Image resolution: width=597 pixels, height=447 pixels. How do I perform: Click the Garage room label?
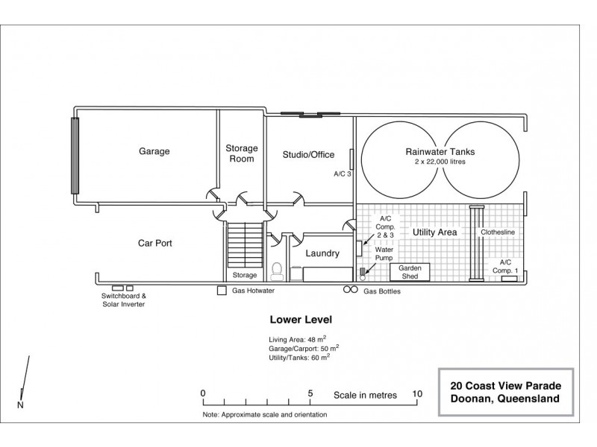point(154,151)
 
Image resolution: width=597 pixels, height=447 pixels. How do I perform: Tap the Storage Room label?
point(241,153)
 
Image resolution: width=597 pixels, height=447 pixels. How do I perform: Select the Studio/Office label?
point(308,155)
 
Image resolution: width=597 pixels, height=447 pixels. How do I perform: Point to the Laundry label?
point(322,253)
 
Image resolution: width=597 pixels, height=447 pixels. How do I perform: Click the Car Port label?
point(155,244)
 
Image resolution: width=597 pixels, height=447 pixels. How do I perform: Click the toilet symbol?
point(277,271)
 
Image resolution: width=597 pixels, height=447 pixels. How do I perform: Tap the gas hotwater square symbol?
point(222,291)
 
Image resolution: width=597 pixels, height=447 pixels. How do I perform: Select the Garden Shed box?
point(410,272)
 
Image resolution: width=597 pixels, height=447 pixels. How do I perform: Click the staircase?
point(246,245)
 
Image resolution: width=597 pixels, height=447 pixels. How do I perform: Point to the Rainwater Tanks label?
point(440,152)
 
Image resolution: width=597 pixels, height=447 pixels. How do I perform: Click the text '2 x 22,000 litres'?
point(440,162)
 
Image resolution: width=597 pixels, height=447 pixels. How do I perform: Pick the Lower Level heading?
point(301,320)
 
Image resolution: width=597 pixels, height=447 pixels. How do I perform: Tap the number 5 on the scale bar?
point(310,393)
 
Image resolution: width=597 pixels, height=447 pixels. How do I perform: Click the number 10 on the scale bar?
point(417,394)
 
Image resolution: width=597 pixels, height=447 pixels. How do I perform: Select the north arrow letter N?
point(20,405)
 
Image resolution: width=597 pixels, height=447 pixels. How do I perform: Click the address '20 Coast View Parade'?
point(506,386)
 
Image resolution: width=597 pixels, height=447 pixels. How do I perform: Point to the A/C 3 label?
point(343,174)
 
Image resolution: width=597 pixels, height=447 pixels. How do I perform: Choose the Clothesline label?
point(497,232)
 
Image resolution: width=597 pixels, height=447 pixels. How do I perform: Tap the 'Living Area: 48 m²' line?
point(297,339)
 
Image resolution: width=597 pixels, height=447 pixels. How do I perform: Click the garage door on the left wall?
point(75,156)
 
